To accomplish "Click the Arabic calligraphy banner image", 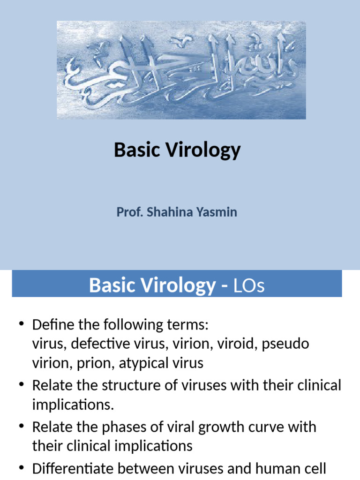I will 181,70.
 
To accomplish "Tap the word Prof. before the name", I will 130,212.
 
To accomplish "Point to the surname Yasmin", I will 220,212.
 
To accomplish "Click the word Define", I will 53,325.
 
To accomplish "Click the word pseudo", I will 286,344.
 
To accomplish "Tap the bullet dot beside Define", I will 21,325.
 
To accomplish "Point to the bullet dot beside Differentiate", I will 21,468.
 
